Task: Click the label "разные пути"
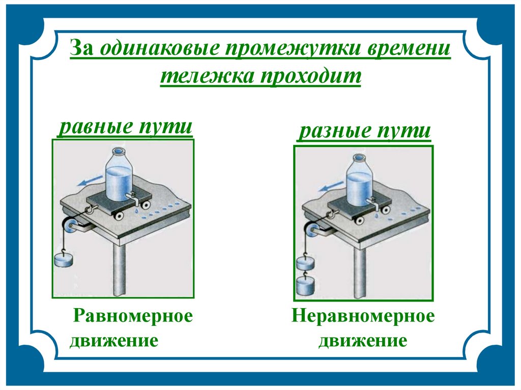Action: [364, 131]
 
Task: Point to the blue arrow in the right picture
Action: [328, 188]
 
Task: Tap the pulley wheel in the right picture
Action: [309, 231]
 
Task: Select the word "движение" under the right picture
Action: [363, 340]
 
